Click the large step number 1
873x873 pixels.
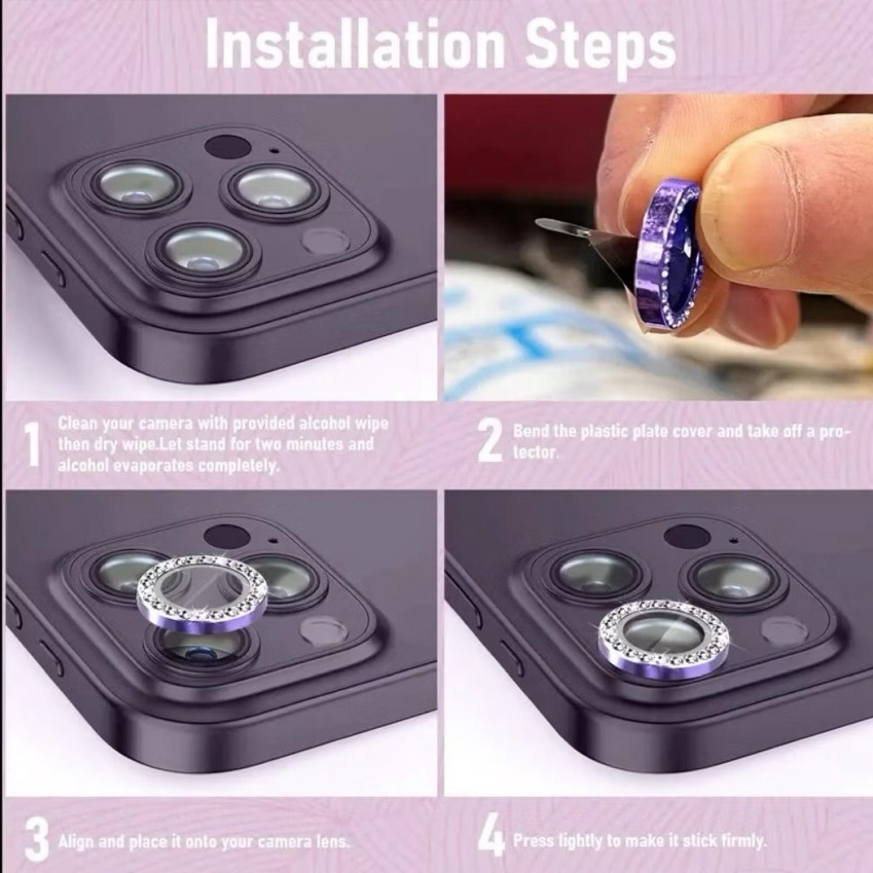34,443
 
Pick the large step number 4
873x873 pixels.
491,838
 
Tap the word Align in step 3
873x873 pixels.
75,841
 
